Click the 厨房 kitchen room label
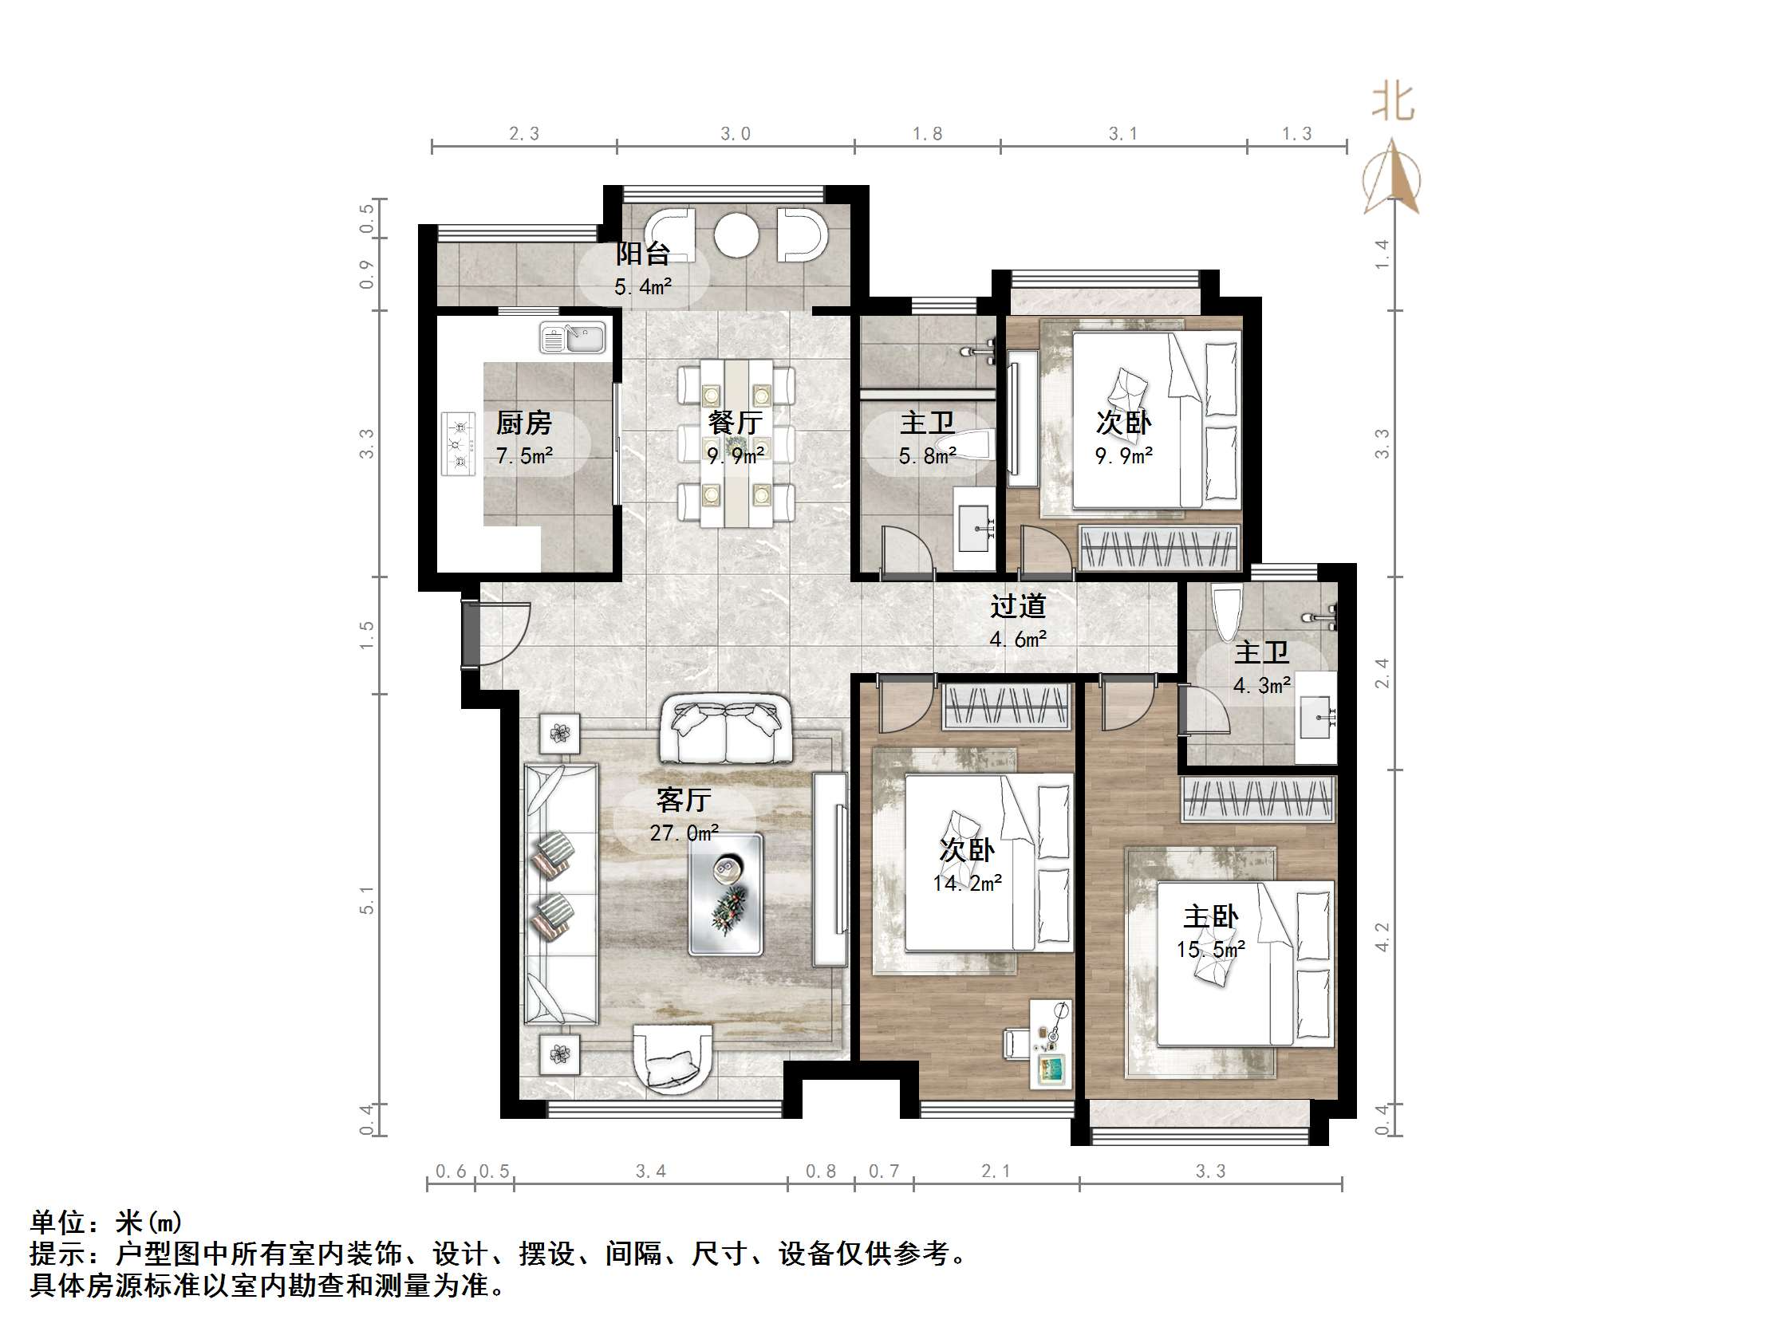tap(523, 422)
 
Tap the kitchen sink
tap(573, 337)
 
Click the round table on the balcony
tap(736, 234)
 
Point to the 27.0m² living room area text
tap(684, 833)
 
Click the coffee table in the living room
tap(725, 894)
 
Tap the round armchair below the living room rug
tap(673, 1057)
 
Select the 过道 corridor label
tap(1017, 606)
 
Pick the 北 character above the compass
tap(1392, 104)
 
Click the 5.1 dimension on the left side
tap(367, 900)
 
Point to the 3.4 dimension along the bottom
tap(650, 1172)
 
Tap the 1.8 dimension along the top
tap(927, 134)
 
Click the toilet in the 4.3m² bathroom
tap(1228, 614)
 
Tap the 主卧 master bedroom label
tap(1210, 916)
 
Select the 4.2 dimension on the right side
tap(1382, 936)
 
